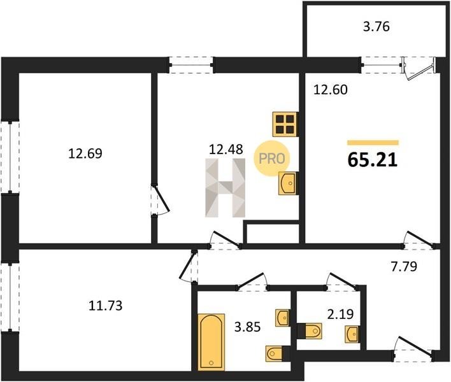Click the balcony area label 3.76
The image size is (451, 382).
(x=376, y=27)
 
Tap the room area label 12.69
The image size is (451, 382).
(x=85, y=153)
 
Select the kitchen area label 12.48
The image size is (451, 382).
(x=226, y=149)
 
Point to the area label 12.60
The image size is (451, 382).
(x=331, y=90)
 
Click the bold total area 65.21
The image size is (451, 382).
(x=373, y=160)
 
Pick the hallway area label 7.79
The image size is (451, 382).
(x=404, y=267)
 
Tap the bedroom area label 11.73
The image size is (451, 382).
(x=105, y=306)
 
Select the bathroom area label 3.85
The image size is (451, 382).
(x=247, y=327)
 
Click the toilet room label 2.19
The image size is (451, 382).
(x=340, y=314)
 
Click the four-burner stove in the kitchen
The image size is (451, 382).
(x=285, y=124)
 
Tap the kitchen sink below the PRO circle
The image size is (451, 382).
(x=288, y=183)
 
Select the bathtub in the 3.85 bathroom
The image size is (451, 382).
(x=211, y=342)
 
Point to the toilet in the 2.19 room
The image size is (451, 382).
(x=310, y=331)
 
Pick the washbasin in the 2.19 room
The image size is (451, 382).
(x=353, y=334)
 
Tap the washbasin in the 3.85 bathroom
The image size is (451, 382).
(x=283, y=318)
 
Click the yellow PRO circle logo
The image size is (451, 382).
(x=272, y=159)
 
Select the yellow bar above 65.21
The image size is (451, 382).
(x=373, y=143)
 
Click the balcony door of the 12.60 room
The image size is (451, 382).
(x=419, y=69)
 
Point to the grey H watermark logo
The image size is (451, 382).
(x=226, y=187)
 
